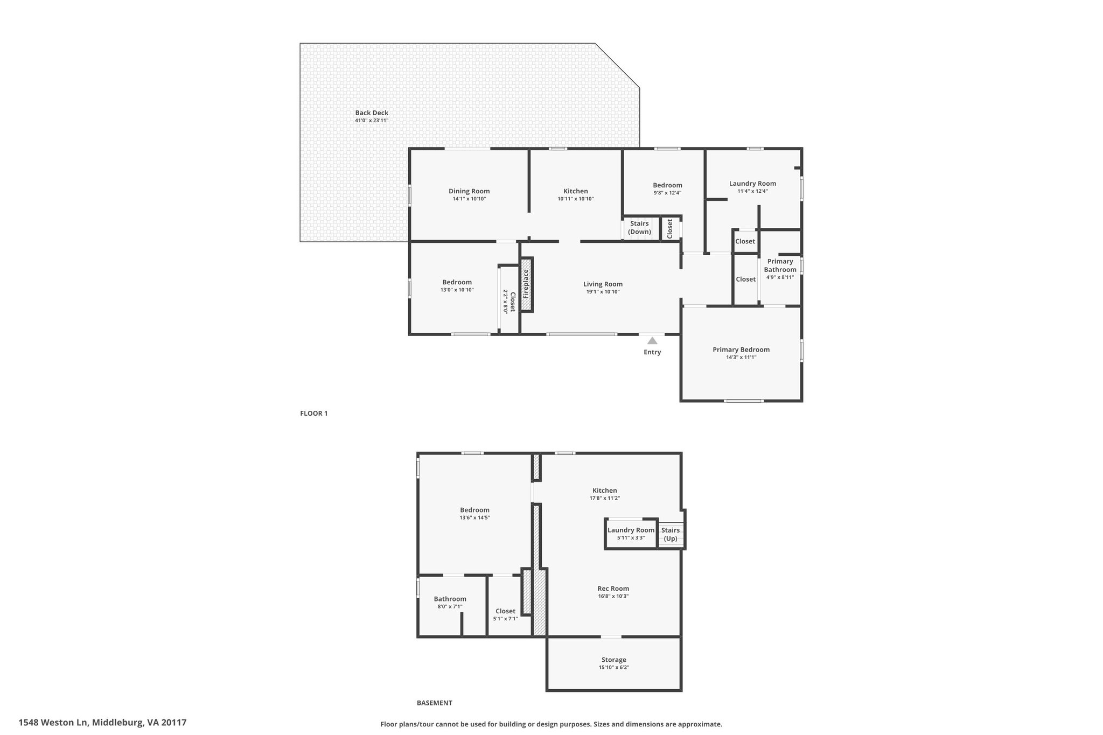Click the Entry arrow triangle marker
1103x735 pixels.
(652, 340)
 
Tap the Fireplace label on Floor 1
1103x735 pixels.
(526, 284)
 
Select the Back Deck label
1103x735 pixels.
(372, 113)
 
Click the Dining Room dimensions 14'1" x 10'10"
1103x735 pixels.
(469, 199)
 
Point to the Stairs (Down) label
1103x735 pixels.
(640, 228)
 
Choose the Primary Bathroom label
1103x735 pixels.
(780, 265)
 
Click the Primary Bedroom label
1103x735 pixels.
(741, 349)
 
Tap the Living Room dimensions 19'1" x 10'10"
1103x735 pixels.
(603, 292)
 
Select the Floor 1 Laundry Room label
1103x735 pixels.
(752, 184)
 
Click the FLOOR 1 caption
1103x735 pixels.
(313, 414)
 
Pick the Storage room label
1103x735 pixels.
(614, 660)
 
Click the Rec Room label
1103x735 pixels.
(613, 589)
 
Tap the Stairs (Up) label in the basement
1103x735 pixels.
(671, 534)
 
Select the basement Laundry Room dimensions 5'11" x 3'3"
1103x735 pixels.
(631, 537)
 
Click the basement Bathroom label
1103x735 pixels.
(450, 599)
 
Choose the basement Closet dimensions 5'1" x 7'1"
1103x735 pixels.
(505, 619)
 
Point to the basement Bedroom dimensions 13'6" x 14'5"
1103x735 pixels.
(474, 517)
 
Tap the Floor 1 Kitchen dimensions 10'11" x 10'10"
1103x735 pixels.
(576, 199)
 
